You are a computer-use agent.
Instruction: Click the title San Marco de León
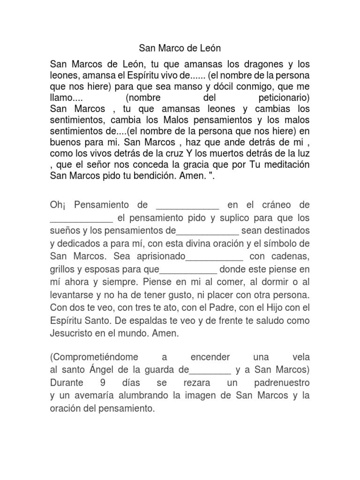[180, 48]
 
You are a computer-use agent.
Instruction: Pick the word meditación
[283, 165]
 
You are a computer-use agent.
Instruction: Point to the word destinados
[288, 231]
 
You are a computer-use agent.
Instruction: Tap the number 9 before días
[103, 383]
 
